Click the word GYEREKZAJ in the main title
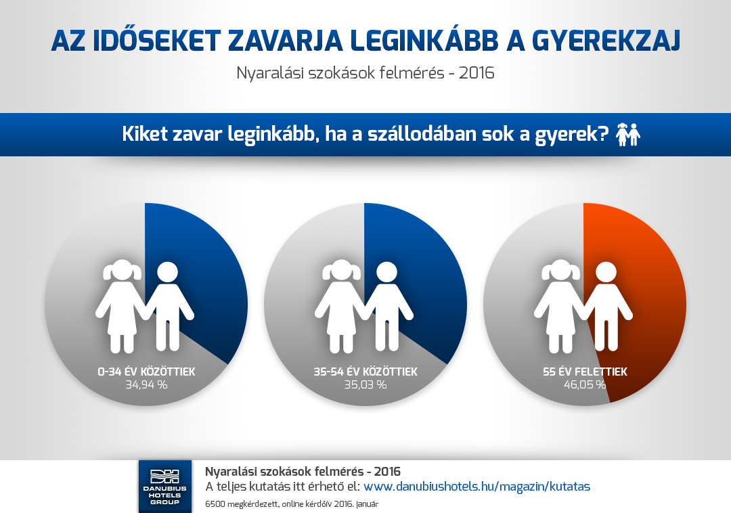tap(606, 41)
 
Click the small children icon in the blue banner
tap(627, 134)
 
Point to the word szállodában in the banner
tap(415, 134)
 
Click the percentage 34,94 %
tap(146, 385)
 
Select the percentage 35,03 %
tap(365, 385)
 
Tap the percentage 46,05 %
tap(585, 385)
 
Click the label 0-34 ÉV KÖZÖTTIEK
tap(146, 372)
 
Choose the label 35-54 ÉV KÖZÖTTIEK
tap(365, 372)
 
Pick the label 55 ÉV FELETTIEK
tap(585, 372)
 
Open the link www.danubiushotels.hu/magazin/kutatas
tap(477, 487)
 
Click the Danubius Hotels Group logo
tap(165, 487)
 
